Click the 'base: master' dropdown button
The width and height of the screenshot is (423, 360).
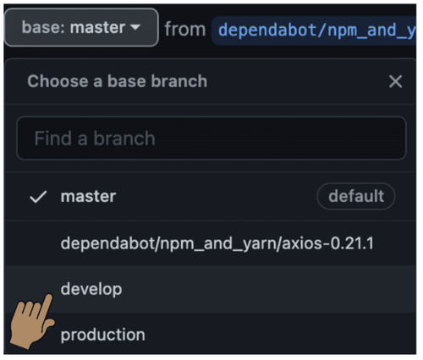coord(81,28)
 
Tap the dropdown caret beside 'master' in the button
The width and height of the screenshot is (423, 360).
coord(135,29)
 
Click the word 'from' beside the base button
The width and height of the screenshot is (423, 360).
coord(184,30)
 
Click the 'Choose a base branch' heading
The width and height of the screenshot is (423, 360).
coord(117,82)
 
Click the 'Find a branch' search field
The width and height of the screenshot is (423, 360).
coord(211,138)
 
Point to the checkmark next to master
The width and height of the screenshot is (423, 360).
coord(38,197)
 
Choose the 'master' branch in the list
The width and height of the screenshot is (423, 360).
coord(88,197)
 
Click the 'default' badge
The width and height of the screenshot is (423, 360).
coord(355,197)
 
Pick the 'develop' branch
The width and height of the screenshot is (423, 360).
coord(91,289)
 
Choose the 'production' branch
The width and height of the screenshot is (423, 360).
coord(102,335)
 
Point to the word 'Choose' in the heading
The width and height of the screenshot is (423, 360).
coord(52,82)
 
